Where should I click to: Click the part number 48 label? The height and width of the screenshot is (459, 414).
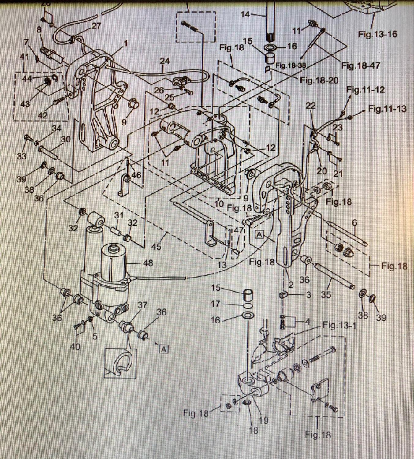[148, 263]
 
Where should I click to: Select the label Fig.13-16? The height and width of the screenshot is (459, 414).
[378, 34]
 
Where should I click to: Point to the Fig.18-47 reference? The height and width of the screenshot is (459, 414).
[361, 65]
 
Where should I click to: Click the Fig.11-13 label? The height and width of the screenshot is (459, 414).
[387, 109]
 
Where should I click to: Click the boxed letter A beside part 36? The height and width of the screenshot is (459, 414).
[164, 349]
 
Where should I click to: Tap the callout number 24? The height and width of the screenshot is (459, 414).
[164, 61]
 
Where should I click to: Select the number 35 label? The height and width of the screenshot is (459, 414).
[326, 294]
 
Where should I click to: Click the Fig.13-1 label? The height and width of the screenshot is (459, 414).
[339, 325]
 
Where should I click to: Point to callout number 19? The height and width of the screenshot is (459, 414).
[263, 420]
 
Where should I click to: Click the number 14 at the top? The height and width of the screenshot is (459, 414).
[245, 14]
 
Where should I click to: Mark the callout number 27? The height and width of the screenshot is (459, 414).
[96, 26]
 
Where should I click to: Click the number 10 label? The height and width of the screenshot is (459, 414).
[219, 203]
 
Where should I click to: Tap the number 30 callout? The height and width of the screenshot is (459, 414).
[65, 139]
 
